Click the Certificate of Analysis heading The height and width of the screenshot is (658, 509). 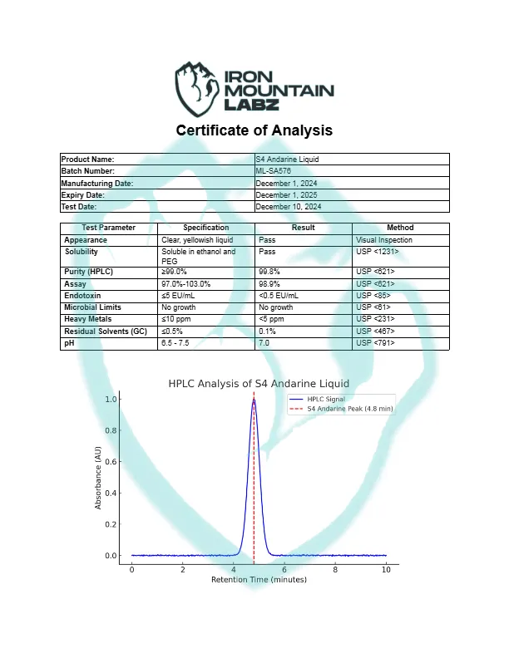coord(254,130)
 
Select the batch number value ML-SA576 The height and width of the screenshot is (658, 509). coord(273,170)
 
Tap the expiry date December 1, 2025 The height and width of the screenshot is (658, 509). coord(288,194)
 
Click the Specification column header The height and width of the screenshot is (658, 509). coord(206,228)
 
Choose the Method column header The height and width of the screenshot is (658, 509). coord(400,228)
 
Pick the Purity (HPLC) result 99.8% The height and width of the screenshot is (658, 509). coord(269,271)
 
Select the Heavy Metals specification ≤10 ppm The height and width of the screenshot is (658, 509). coord(177,319)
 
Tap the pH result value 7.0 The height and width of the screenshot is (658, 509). coord(264,342)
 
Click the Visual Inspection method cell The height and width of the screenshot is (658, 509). coord(383,240)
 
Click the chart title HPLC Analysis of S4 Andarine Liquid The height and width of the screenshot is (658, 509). coord(259,384)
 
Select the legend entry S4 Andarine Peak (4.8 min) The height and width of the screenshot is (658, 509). coord(349,409)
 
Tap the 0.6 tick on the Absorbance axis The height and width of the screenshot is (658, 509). coord(111,462)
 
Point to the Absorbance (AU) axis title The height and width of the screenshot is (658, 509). coord(98,478)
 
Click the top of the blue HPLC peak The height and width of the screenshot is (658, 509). coord(254,400)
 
